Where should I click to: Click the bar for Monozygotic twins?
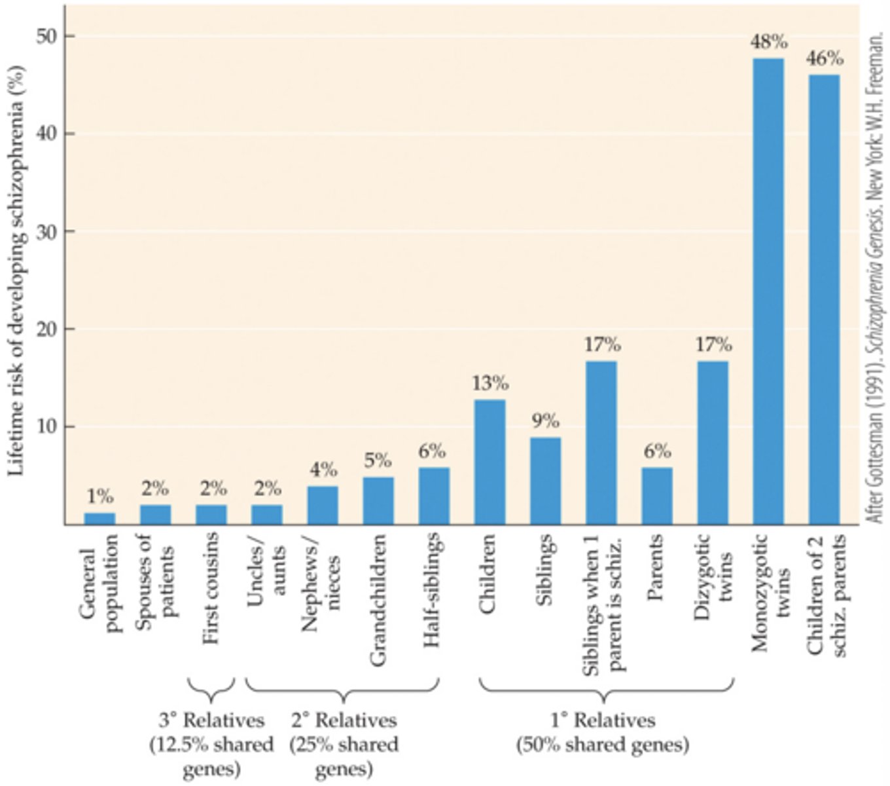pyautogui.click(x=768, y=291)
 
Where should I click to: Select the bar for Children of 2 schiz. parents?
pyautogui.click(x=824, y=299)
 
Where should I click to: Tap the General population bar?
pyautogui.click(x=99, y=518)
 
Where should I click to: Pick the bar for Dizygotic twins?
pyautogui.click(x=713, y=443)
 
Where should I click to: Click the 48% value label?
pyautogui.click(x=769, y=43)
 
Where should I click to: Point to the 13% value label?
pyautogui.click(x=490, y=383)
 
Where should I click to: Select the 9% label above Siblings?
pyautogui.click(x=545, y=421)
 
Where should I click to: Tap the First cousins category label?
pyautogui.click(x=211, y=589)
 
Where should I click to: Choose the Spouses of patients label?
pyautogui.click(x=156, y=576)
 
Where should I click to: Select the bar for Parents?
pyautogui.click(x=657, y=496)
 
